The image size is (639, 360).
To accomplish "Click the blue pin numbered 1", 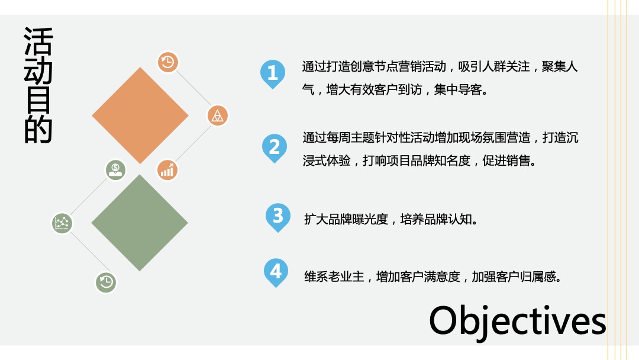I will (x=272, y=73).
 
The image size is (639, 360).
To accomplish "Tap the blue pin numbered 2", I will (x=274, y=146).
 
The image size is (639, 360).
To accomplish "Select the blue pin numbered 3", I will (x=277, y=216).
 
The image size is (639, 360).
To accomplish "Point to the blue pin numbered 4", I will (x=276, y=272).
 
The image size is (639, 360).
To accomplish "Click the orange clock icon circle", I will (x=168, y=62).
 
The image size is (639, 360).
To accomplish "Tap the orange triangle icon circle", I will (x=218, y=115).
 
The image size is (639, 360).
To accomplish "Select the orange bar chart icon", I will (x=167, y=170).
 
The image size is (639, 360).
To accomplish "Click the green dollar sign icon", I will (x=116, y=170).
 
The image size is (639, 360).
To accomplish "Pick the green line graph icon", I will (x=62, y=223).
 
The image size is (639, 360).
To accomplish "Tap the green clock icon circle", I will (x=106, y=282).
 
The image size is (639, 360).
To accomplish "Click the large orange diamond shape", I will (x=140, y=115).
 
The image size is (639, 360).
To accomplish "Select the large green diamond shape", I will (x=140, y=223).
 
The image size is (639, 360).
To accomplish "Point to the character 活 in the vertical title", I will (x=38, y=41).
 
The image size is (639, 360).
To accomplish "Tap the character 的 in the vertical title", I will (x=38, y=130).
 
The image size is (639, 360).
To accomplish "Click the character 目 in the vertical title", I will (x=38, y=101).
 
